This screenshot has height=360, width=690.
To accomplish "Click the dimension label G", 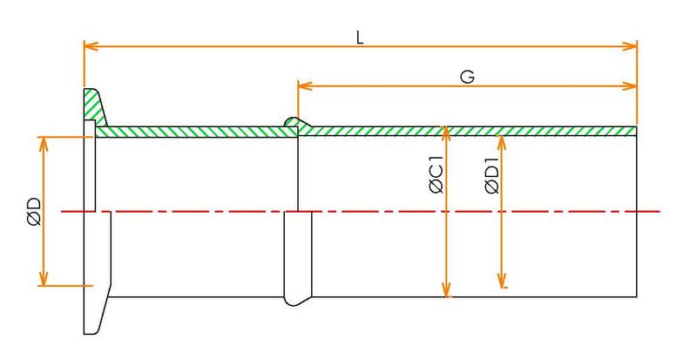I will pos(467,76).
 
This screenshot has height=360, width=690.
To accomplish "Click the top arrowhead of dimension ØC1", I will pos(446,131).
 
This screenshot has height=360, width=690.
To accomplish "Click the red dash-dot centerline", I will pos(392,211).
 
